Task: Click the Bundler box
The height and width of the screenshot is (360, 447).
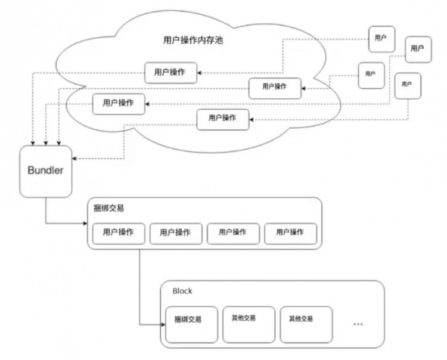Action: tap(45, 170)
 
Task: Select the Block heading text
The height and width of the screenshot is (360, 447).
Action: tap(182, 291)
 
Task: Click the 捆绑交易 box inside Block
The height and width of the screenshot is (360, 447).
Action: tap(191, 324)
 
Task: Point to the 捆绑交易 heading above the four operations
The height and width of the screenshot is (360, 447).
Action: tap(109, 209)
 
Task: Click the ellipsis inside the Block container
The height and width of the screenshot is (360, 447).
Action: tap(358, 324)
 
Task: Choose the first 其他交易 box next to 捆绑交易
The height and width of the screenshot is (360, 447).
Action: tap(249, 324)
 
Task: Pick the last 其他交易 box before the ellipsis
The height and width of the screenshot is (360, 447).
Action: tap(306, 324)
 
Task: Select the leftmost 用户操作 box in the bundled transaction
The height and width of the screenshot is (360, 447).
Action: tap(117, 233)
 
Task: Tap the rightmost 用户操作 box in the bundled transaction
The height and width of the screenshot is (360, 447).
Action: tap(290, 233)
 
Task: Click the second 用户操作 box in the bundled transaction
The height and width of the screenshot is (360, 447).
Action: tap(175, 233)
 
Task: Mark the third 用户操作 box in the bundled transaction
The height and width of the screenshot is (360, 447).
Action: tap(233, 233)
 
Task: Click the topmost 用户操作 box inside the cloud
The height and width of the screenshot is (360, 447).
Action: tap(169, 72)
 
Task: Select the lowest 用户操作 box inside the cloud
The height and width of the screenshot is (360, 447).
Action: tap(223, 119)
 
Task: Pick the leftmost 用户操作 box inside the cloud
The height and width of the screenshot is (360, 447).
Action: tap(118, 104)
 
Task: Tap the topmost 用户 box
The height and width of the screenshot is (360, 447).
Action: tap(381, 38)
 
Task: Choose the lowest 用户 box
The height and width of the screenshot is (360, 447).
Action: tap(406, 85)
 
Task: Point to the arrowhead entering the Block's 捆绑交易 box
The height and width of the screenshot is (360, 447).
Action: tap(163, 325)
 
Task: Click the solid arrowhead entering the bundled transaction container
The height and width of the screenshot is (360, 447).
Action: tap(85, 225)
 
